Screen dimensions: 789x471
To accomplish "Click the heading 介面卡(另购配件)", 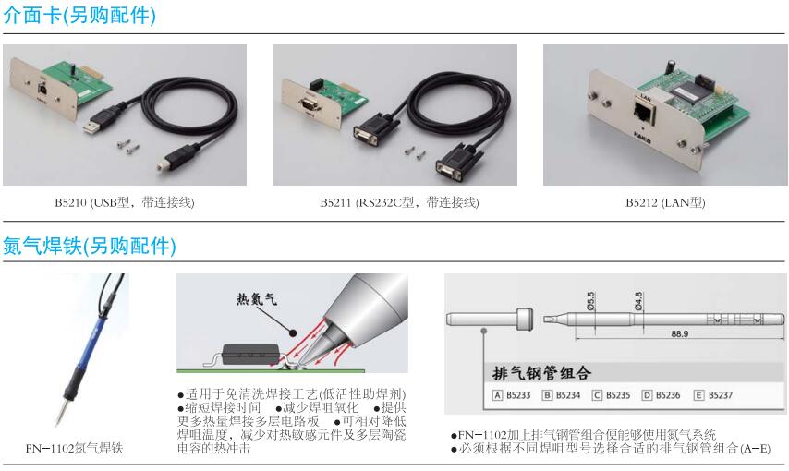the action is (79, 15).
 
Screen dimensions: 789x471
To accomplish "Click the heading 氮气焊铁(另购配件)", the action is (90, 246).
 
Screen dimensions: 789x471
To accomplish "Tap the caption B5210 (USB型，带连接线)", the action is (125, 202).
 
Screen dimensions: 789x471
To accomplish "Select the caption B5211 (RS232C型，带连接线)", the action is (399, 202).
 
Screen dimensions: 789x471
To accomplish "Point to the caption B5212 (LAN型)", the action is (665, 202).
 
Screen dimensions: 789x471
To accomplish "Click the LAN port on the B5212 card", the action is (644, 114).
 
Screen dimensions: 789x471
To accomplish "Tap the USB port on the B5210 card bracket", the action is (42, 88).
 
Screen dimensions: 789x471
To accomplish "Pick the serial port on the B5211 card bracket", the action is (308, 103).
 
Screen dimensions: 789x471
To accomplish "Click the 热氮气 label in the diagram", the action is (257, 299).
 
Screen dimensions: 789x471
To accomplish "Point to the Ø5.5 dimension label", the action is (590, 301).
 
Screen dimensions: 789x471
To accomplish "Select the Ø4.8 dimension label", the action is (638, 301).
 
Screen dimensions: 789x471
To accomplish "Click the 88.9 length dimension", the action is (679, 333).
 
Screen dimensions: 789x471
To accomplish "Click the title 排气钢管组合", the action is (541, 373).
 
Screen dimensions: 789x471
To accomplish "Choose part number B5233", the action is (518, 395).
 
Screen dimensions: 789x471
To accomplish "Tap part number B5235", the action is (618, 395).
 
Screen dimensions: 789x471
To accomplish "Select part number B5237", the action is (720, 395).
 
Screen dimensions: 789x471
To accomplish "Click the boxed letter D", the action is (647, 395).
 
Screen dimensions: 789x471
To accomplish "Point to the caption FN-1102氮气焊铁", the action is (75, 448).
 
